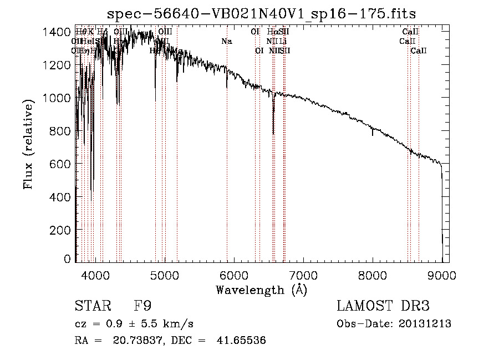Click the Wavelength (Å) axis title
pyautogui.click(x=262, y=290)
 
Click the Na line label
pyautogui.click(x=226, y=42)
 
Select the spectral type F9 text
pyautogui.click(x=142, y=307)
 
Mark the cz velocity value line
pyautogui.click(x=134, y=324)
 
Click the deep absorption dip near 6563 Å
pyautogui.click(x=273, y=128)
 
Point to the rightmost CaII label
pyautogui.click(x=419, y=51)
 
